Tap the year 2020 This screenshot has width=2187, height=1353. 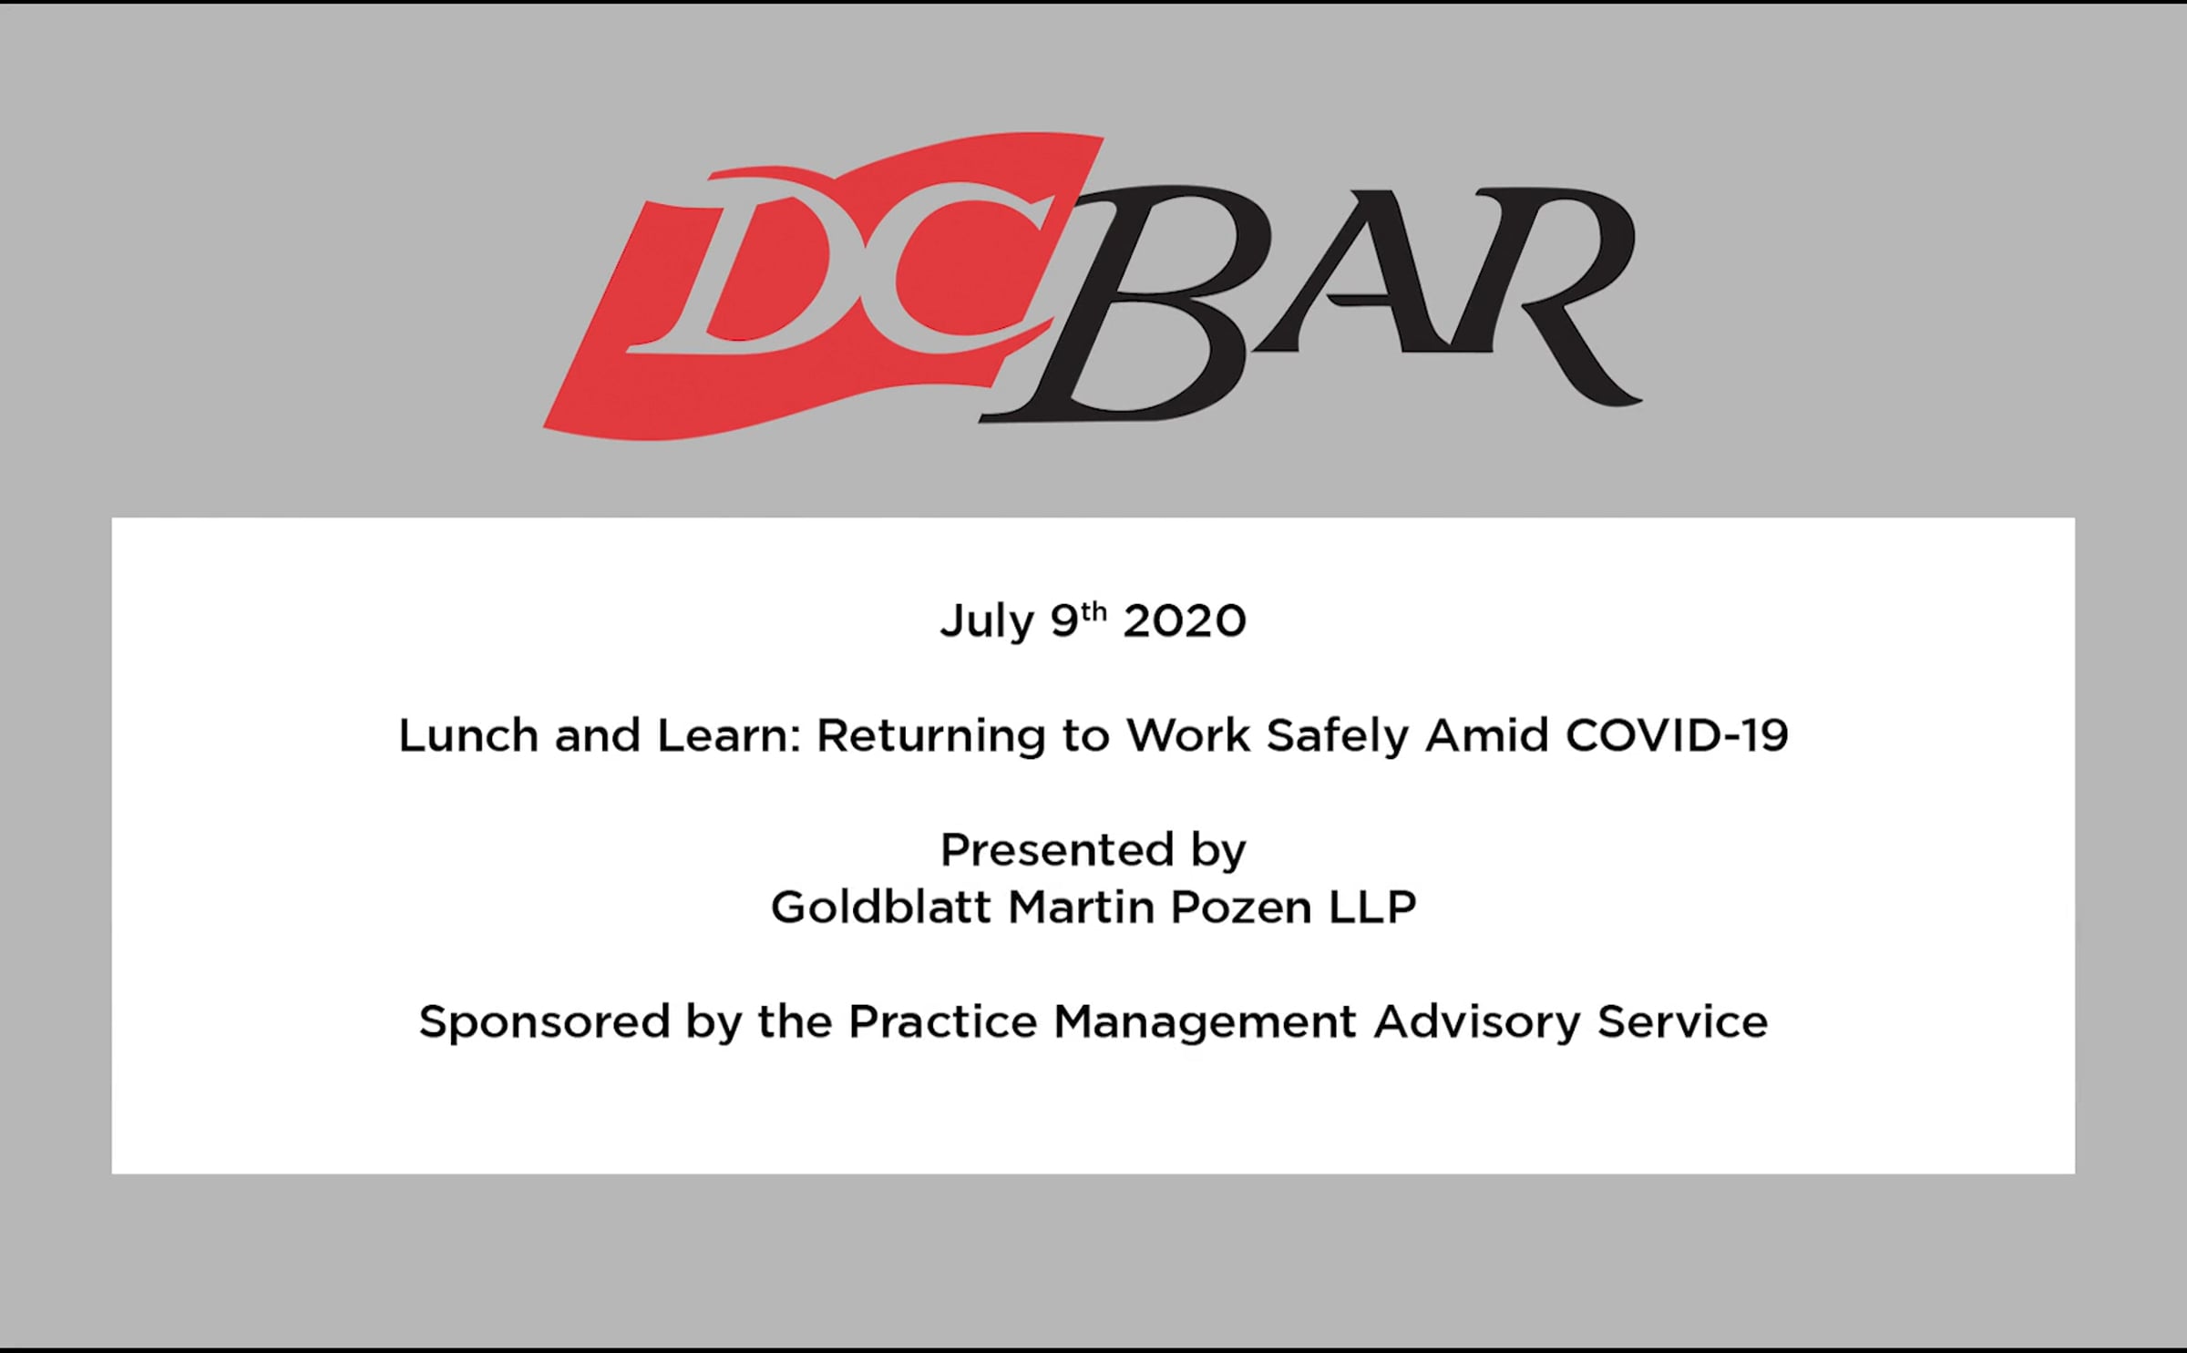[1185, 621]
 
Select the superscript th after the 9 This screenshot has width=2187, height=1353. [1093, 611]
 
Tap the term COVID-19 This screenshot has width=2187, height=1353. [1677, 735]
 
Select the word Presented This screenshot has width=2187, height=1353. [1048, 850]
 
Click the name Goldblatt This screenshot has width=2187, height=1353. [880, 907]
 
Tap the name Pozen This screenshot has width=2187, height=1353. [1241, 907]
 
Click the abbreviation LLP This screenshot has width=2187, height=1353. [1372, 907]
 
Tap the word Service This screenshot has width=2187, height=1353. [1682, 1022]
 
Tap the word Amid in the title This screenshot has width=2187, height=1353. [1487, 735]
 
